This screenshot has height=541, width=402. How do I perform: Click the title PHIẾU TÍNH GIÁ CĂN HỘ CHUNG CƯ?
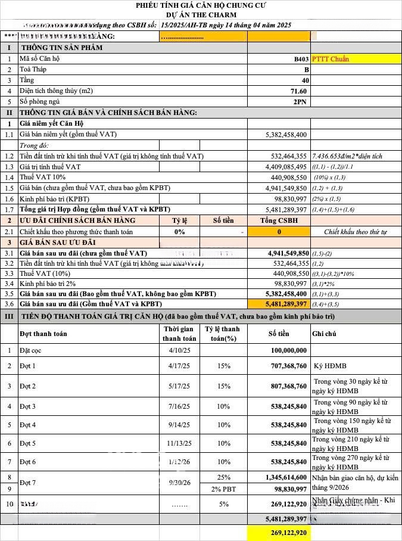(201, 5)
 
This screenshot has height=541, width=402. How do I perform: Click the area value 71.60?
(299, 91)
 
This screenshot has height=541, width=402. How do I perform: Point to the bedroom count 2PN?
(301, 102)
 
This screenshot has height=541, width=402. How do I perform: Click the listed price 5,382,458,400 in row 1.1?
(286, 135)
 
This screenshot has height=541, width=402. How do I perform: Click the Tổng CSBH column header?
(279, 220)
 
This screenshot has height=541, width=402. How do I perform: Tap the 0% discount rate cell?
(179, 232)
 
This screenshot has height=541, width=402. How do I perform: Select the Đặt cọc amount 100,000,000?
(288, 350)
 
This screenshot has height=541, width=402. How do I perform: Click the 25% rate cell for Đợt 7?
(224, 477)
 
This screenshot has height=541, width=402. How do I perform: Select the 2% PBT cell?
(224, 489)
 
